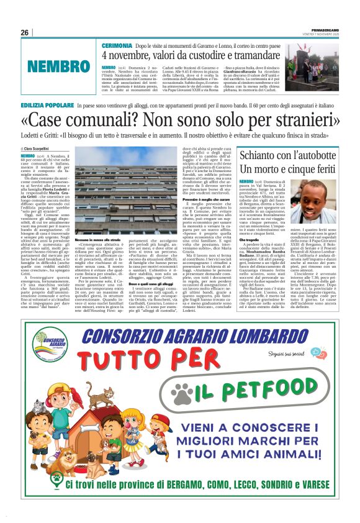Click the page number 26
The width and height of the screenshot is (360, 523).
[25, 32]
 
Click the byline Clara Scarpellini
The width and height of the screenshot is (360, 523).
[41, 149]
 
